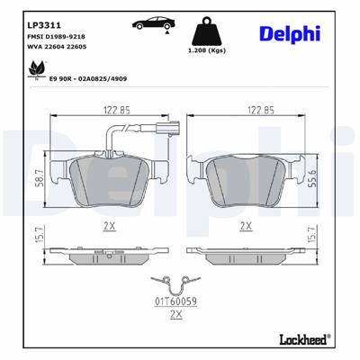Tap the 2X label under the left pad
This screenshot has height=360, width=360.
(109, 228)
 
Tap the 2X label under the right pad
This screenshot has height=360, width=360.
(245, 228)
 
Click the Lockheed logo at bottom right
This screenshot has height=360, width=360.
(301, 340)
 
